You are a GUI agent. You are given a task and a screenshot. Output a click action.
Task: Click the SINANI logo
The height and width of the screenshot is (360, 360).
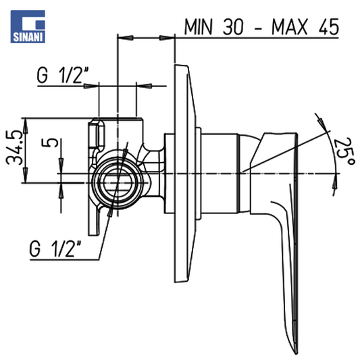28,26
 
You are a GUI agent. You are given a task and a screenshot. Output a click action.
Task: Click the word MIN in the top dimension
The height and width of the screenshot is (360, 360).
198,27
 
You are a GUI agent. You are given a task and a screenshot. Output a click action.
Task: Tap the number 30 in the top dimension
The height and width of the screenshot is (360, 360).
233,27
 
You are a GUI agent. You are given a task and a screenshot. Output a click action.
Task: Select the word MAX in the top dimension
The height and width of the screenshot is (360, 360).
289,27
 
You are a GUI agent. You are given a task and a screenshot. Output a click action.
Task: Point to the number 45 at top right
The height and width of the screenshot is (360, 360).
329,27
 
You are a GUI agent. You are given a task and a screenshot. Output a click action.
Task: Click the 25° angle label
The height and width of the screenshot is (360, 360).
344,151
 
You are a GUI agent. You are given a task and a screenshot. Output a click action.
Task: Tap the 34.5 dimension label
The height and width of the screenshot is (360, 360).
14,147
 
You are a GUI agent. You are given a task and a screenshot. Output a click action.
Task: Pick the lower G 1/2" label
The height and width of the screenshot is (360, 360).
55,249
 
